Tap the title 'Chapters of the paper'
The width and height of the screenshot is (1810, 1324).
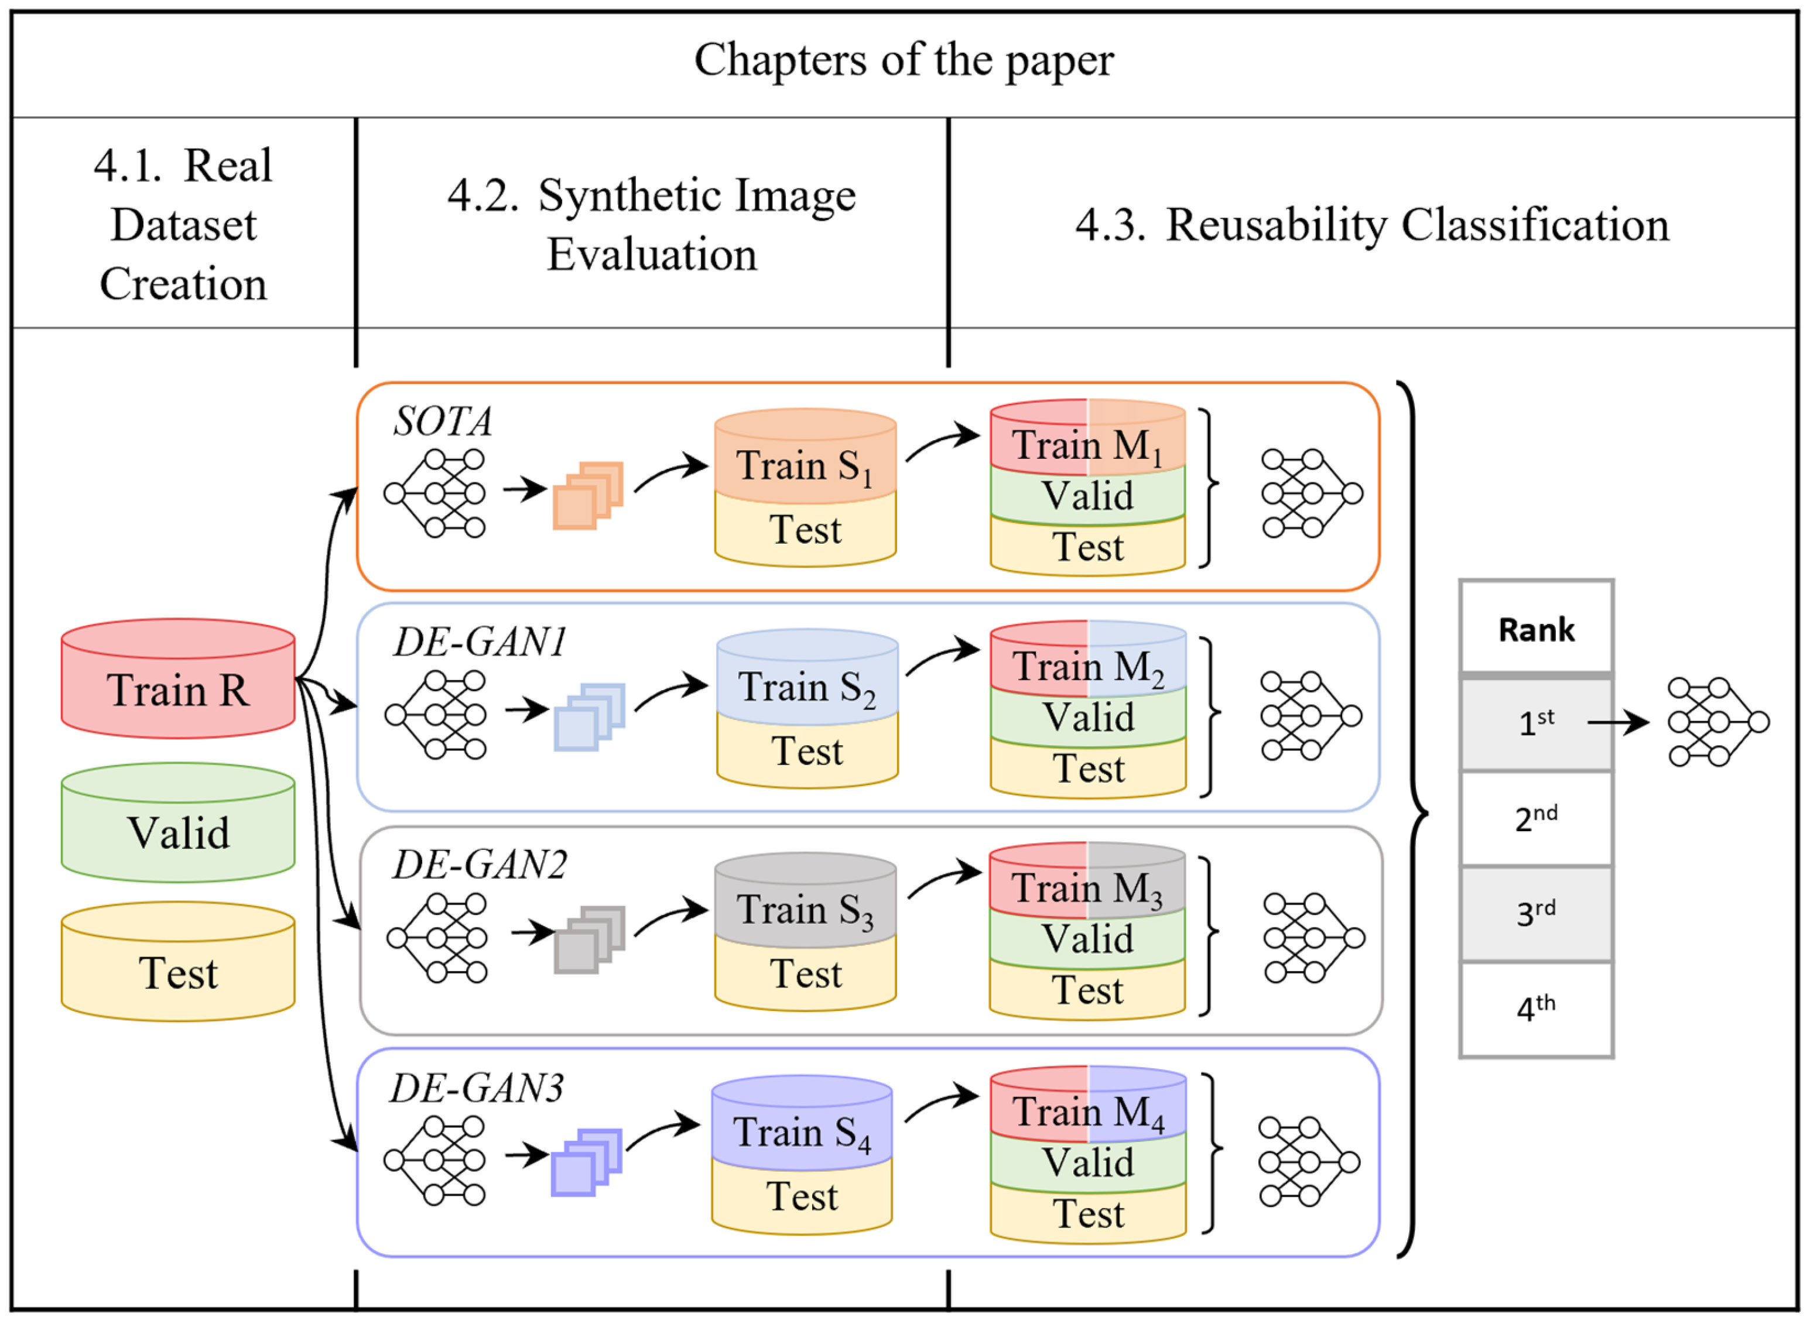pos(904,60)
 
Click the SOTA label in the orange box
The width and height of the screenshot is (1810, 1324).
pos(443,421)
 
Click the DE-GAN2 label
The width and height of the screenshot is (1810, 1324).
pos(480,865)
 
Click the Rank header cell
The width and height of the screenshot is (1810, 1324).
pos(1536,629)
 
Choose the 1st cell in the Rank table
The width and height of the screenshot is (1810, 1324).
pos(1536,723)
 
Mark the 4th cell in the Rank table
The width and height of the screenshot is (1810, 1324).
pos(1536,1009)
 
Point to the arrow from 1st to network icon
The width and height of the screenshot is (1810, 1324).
pos(1617,723)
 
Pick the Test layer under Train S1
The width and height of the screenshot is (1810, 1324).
pos(805,530)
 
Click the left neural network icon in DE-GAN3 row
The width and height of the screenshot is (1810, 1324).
pos(434,1161)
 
